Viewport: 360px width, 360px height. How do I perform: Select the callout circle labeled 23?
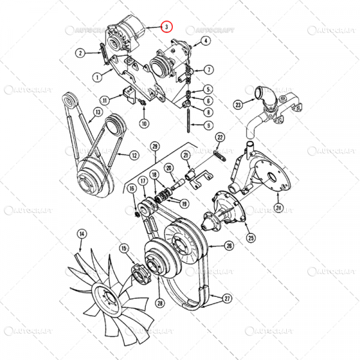coord(238,104)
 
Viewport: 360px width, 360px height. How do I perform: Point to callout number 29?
coord(154,146)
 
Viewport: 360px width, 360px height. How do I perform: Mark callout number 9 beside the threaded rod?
coord(208,125)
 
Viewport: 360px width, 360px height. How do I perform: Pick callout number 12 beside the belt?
coord(134,155)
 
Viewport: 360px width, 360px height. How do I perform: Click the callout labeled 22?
coord(220,137)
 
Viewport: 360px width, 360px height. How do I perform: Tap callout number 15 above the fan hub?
coord(124,247)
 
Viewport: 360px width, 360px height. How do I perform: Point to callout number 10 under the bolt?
coord(143,124)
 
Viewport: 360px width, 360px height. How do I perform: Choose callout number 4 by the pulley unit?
coord(205,41)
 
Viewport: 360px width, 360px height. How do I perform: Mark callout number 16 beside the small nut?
coord(131,189)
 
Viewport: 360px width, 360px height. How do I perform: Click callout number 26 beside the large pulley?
coord(229,245)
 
